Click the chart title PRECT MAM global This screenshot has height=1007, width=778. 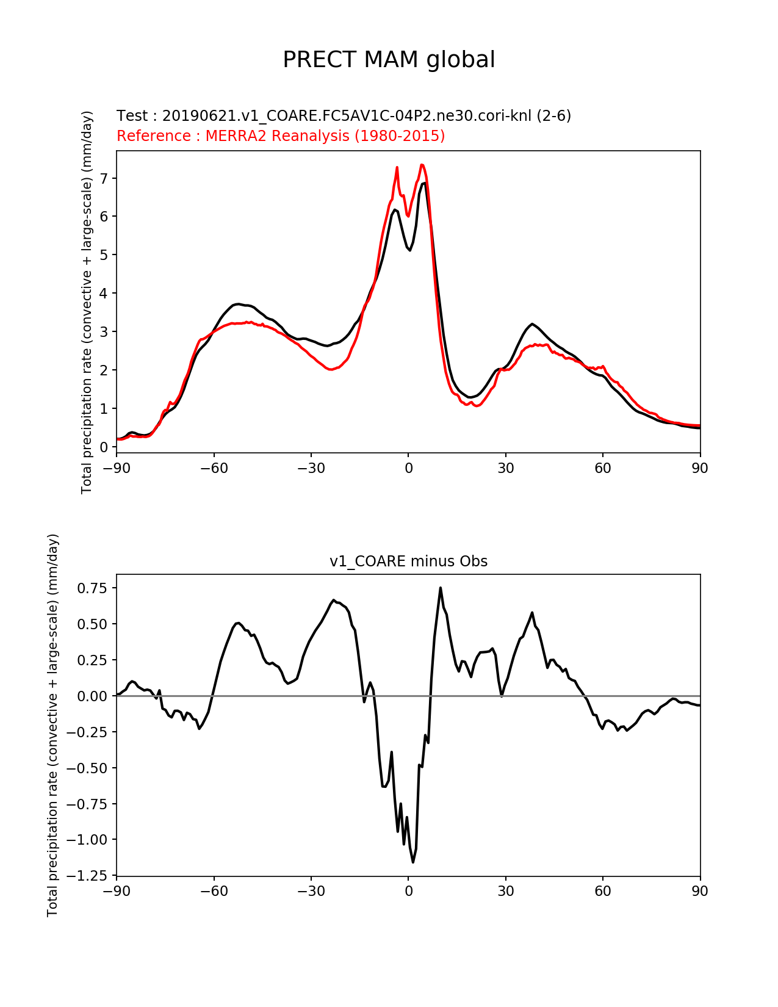click(389, 60)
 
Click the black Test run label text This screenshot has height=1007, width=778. click(344, 116)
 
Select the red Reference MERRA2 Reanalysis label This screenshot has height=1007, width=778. click(281, 136)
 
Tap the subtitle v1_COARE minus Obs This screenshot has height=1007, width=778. click(408, 561)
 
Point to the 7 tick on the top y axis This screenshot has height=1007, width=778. click(104, 178)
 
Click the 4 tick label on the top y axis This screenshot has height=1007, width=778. click(104, 294)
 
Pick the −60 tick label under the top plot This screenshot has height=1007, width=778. click(214, 468)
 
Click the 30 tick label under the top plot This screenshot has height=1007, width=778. click(505, 468)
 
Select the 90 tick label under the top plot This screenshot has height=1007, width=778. click(700, 468)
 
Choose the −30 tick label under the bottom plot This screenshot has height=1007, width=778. click(311, 891)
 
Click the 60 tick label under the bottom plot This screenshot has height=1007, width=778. click(603, 891)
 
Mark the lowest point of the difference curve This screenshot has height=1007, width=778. click(413, 862)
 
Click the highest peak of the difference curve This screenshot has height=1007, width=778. click(441, 588)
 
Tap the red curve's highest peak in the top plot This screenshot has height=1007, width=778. click(422, 165)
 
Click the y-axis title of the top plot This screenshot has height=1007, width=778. click(87, 302)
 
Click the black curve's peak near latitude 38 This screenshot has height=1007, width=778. click(532, 324)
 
